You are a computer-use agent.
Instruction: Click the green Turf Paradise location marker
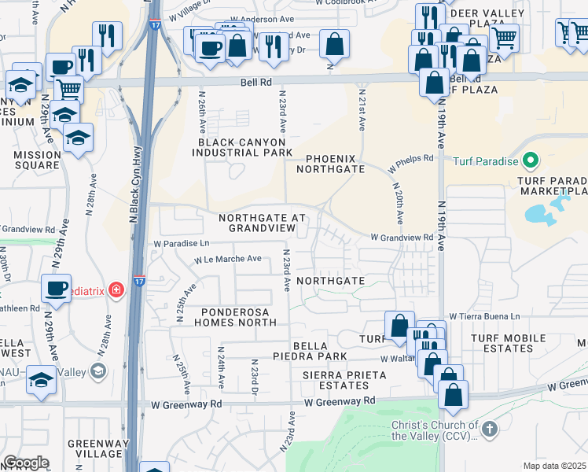point(530,161)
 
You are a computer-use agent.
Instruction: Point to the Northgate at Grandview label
point(256,223)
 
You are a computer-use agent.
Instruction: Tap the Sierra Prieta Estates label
point(345,381)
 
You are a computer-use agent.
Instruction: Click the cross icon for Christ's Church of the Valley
point(490,429)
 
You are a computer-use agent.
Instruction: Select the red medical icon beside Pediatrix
point(116,289)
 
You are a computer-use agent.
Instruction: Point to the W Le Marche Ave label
point(228,259)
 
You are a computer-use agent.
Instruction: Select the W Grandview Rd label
point(402,237)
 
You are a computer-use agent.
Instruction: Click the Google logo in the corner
point(26,462)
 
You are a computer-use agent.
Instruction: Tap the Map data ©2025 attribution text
point(554,466)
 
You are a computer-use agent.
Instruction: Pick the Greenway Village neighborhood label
point(94,448)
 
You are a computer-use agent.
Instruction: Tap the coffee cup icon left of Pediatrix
point(57,289)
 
